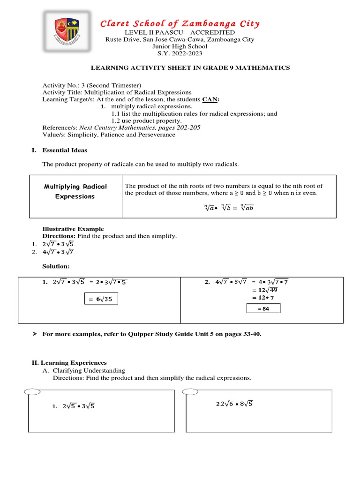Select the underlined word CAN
point(210,99)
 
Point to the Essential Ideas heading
point(65,150)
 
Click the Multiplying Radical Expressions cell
point(75,191)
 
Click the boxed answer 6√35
point(101,299)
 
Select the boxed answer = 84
point(263,308)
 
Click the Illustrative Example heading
point(73,229)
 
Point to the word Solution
point(56,266)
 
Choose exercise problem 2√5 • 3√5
point(78,406)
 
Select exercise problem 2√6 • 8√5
point(234,404)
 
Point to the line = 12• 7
point(262,298)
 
